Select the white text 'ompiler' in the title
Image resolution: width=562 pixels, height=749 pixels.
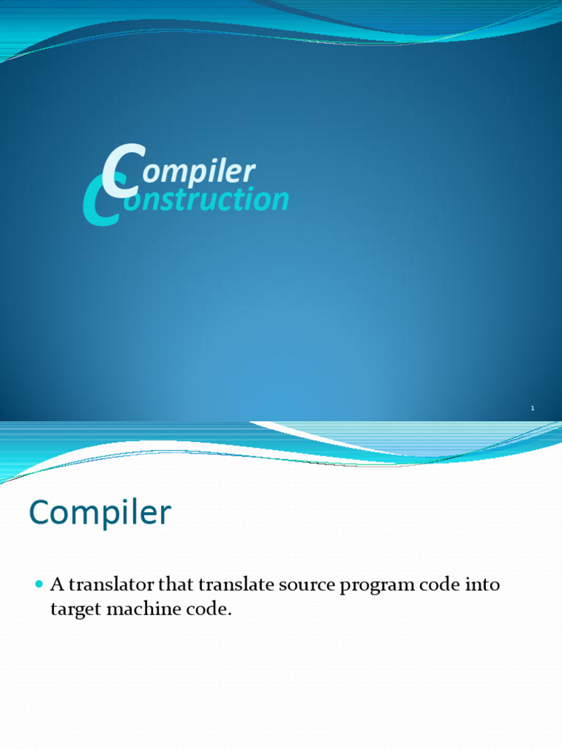tap(199, 171)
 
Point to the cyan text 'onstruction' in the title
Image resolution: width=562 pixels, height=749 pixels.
tap(206, 199)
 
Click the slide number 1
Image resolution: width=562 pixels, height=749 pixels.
tap(533, 408)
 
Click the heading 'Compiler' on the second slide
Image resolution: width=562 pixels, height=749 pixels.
tap(100, 513)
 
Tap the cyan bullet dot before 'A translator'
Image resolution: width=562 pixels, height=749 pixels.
tap(40, 584)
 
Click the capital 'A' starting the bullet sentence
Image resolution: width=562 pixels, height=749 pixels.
tap(57, 584)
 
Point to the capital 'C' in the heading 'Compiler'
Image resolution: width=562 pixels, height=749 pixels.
tap(41, 512)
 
